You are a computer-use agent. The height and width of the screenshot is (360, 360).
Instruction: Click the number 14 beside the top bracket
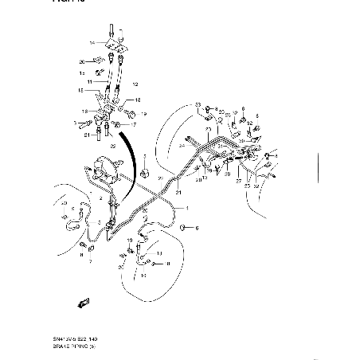click(x=92, y=42)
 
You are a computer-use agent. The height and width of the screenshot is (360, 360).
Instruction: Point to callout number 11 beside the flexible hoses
click(x=90, y=81)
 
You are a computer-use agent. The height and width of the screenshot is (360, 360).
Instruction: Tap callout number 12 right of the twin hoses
click(x=135, y=84)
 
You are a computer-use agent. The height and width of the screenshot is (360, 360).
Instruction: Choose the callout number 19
click(x=144, y=114)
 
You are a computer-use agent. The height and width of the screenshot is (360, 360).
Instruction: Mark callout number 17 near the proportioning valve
click(x=133, y=124)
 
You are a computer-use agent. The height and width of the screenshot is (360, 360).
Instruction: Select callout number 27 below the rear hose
click(x=237, y=182)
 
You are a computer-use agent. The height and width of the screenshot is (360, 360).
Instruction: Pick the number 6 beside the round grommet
click(x=198, y=229)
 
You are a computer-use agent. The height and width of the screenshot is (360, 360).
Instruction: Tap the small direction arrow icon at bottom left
click(x=80, y=302)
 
